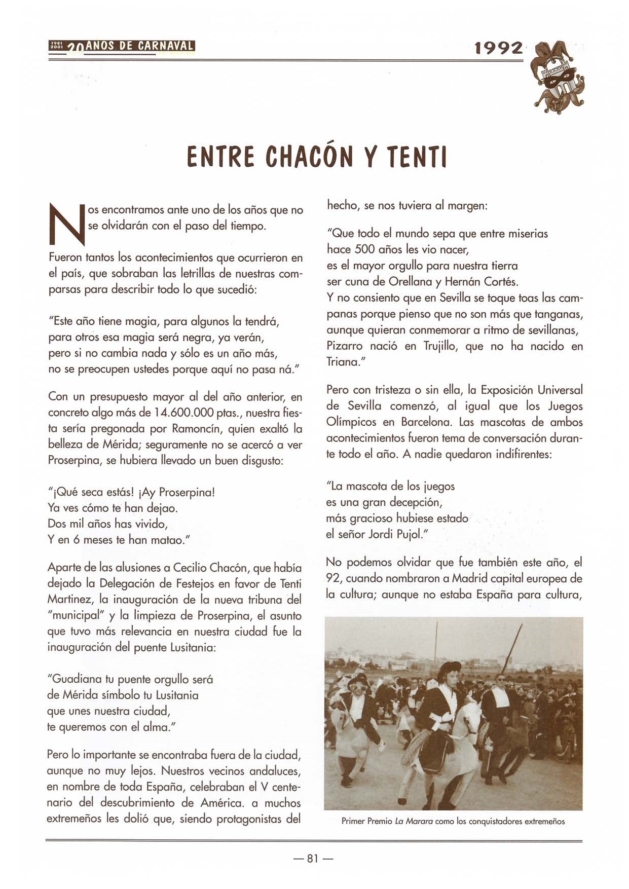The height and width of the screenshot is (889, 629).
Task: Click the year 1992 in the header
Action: (498, 48)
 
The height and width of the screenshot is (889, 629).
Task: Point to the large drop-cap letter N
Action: (65, 223)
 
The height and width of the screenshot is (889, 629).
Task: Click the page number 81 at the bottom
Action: (313, 858)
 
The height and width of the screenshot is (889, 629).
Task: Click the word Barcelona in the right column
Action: (427, 422)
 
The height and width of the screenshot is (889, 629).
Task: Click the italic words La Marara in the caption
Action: (413, 821)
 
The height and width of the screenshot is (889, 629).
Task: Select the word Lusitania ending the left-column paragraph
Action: (190, 648)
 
